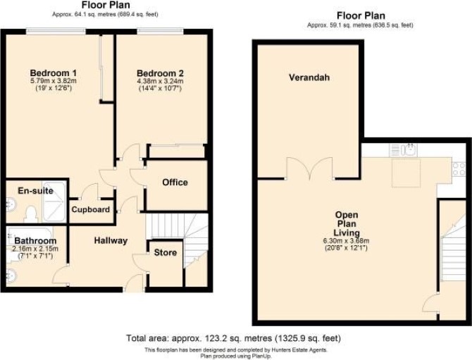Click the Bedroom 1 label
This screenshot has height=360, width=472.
coord(54,73)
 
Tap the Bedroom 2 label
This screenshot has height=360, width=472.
coord(160,73)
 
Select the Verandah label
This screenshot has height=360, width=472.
coord(309,77)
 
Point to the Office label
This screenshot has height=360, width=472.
coord(175,182)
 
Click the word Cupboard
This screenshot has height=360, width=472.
coord(90,209)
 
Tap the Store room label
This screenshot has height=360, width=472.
coord(166,252)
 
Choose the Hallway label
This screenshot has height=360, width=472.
coord(111,240)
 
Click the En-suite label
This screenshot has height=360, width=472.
coord(35,190)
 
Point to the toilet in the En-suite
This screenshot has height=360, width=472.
coord(31,214)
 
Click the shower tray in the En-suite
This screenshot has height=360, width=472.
coord(54,202)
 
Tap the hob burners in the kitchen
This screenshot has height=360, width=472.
coord(459,169)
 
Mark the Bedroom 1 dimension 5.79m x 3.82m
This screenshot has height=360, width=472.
coord(54,81)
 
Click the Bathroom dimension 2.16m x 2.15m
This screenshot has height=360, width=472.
coord(35,249)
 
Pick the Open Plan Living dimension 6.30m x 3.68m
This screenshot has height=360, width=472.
coord(346,241)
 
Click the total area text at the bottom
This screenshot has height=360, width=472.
coord(233,338)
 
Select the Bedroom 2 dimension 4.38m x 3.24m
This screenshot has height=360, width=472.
coord(161,81)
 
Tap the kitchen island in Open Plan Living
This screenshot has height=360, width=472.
coord(406,173)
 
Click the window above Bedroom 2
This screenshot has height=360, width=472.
coord(161,31)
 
